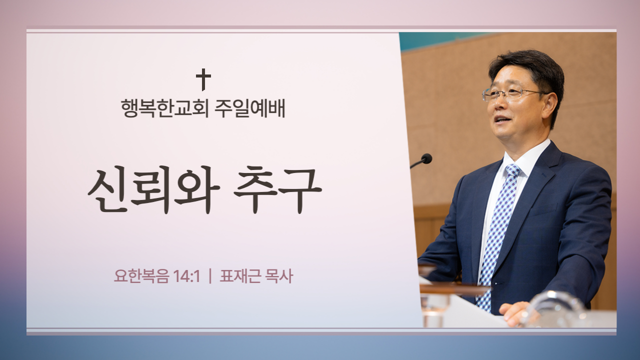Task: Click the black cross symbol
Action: (203, 79)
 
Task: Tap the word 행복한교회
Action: (165, 108)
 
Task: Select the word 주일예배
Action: (250, 108)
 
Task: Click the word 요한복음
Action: (141, 276)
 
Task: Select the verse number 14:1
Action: (186, 276)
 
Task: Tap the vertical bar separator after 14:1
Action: (210, 276)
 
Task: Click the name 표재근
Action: (240, 276)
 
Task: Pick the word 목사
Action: (279, 276)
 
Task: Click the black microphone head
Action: (426, 158)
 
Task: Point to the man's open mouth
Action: (502, 119)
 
